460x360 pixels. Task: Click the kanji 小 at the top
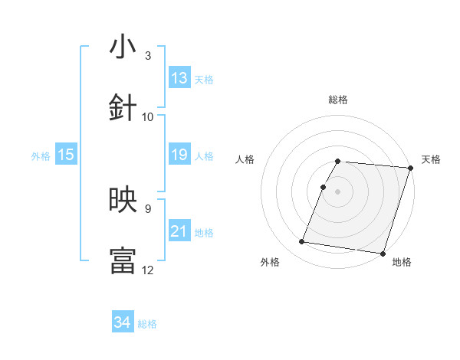123,47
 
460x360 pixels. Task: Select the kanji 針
123,108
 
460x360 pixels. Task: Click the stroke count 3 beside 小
147,56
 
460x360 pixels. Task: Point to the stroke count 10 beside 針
148,116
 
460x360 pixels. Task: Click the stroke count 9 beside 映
147,208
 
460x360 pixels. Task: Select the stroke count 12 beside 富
148,270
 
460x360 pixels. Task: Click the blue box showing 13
179,78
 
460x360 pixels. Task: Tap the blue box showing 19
179,155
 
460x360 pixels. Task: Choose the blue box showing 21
179,231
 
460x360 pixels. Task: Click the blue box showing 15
66,155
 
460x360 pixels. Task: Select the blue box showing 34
123,322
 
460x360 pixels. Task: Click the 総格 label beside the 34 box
147,324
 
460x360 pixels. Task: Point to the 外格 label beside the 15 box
41,156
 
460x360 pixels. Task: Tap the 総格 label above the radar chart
338,100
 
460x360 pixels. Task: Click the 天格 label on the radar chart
431,159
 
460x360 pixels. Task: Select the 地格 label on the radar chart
402,263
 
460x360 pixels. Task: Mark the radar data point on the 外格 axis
302,242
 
